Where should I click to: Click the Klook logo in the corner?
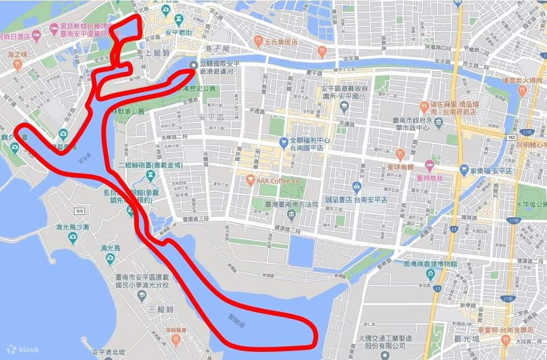[23, 349]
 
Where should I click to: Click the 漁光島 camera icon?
[110, 258]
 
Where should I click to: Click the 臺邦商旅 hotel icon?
[429, 165]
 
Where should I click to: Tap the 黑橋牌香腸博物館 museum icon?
[431, 275]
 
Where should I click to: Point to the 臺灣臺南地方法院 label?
[285, 204]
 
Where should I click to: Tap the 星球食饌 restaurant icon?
[400, 153]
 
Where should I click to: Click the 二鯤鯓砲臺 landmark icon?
[150, 175]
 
